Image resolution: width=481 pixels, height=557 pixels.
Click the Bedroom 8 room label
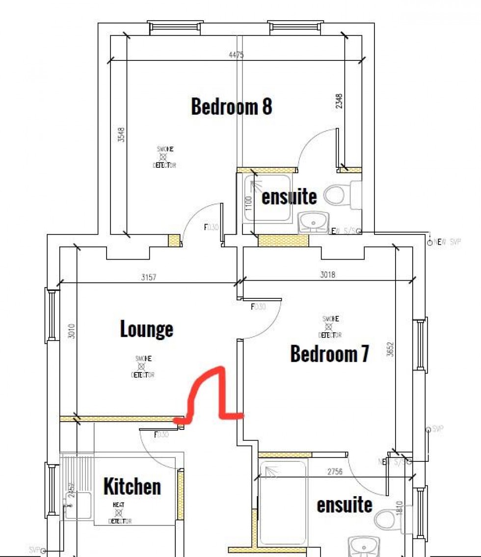point(231,106)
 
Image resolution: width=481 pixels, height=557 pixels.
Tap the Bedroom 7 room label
point(329,353)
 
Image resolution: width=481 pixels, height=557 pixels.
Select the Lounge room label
point(146,329)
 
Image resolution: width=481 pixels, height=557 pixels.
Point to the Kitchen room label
point(132,486)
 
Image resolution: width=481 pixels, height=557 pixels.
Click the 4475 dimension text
point(236,55)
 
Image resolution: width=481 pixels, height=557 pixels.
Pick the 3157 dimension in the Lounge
point(148,278)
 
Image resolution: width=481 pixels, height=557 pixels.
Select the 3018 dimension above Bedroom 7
point(327,275)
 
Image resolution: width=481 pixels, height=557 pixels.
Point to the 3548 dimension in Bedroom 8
point(121,135)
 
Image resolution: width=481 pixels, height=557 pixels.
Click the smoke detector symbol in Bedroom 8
point(165,157)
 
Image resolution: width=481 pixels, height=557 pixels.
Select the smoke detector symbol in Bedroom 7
point(329,327)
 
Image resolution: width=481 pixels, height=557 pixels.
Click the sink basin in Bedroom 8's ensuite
point(312,223)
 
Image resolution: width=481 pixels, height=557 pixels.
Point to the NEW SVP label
point(446,242)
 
